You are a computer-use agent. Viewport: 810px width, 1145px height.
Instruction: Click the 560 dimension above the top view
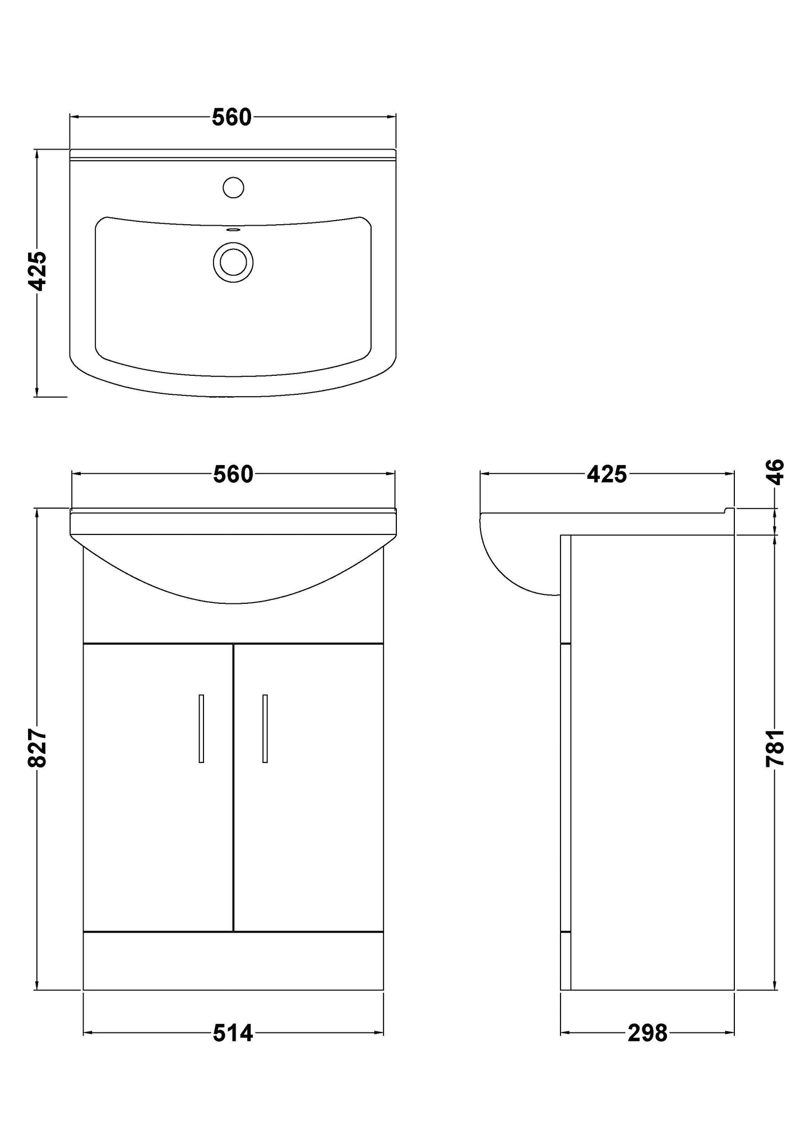pos(232,118)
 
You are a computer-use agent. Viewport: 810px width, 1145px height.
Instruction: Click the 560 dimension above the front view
pos(233,475)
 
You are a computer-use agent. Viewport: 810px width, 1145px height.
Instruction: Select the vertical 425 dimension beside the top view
pos(38,271)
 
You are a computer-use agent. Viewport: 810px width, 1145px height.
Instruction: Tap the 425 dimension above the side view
pos(607,475)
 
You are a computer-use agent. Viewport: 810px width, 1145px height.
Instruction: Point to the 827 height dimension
pos(38,748)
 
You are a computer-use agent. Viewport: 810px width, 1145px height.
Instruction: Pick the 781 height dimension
pos(776,748)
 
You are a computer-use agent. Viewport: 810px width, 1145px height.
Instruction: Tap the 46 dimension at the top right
pos(776,472)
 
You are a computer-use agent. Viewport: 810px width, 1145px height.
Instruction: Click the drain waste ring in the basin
pos(233,262)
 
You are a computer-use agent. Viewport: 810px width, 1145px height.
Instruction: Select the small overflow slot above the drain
pos(233,229)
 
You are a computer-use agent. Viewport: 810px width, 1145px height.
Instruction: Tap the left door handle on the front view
pos(201,728)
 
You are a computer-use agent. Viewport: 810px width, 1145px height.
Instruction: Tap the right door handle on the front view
pos(265,728)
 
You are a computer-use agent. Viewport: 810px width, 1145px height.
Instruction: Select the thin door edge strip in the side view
pos(566,784)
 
